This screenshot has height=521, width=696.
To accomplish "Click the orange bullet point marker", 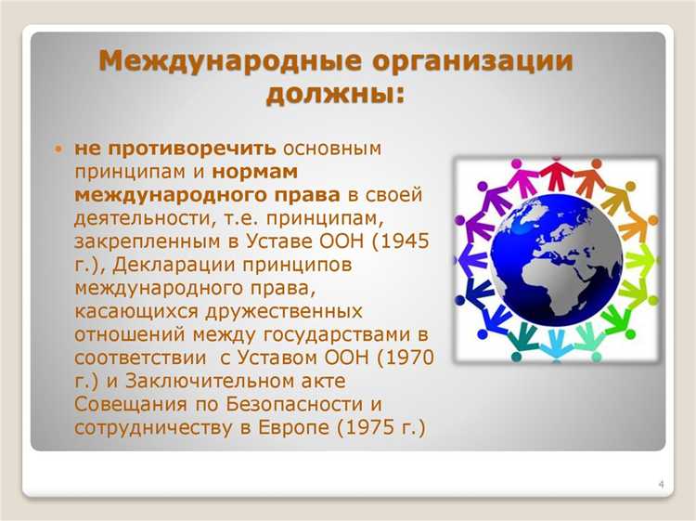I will tap(58, 150).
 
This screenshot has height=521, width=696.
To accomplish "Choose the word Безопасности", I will tap(274, 403).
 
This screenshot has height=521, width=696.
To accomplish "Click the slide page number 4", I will tap(660, 485).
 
